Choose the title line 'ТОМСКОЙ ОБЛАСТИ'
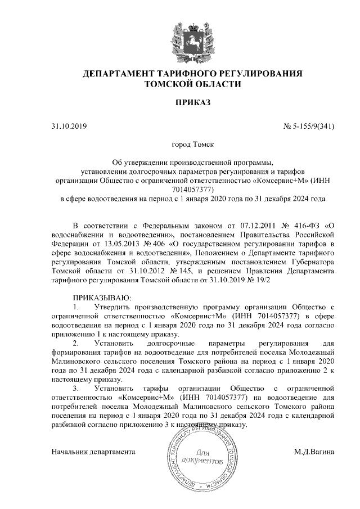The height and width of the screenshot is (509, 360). tap(192, 84)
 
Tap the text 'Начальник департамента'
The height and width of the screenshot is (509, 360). tap(93, 452)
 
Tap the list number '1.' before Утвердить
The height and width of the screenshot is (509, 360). tap(76, 307)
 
